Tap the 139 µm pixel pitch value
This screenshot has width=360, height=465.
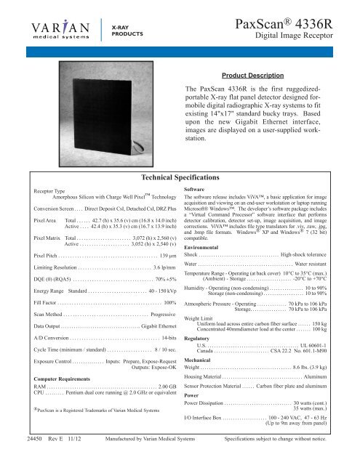point(166,256)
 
